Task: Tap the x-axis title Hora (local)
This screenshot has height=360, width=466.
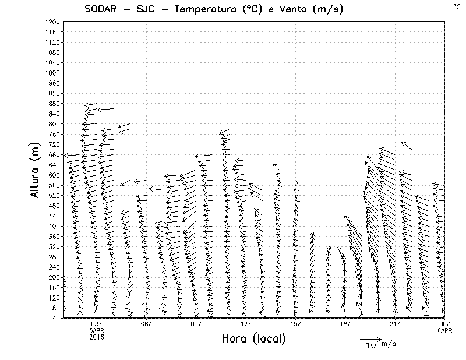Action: [x=253, y=338]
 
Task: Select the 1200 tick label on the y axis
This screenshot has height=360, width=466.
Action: [x=52, y=22]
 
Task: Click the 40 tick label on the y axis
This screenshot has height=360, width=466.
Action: [x=56, y=318]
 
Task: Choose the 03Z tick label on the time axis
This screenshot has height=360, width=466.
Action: [x=97, y=324]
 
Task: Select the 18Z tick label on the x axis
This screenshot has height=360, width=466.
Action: [x=345, y=324]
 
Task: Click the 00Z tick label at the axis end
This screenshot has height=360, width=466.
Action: [x=445, y=324]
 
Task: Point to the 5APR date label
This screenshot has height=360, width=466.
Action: [x=97, y=330]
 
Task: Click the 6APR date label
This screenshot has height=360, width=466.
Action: [x=445, y=330]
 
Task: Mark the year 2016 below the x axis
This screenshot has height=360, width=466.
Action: [x=97, y=337]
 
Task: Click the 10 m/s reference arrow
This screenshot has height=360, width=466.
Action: [x=370, y=338]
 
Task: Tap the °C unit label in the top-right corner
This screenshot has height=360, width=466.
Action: [x=456, y=6]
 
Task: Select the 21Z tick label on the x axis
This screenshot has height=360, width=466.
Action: [x=395, y=324]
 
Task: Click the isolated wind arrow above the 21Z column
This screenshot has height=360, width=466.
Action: [x=407, y=145]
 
